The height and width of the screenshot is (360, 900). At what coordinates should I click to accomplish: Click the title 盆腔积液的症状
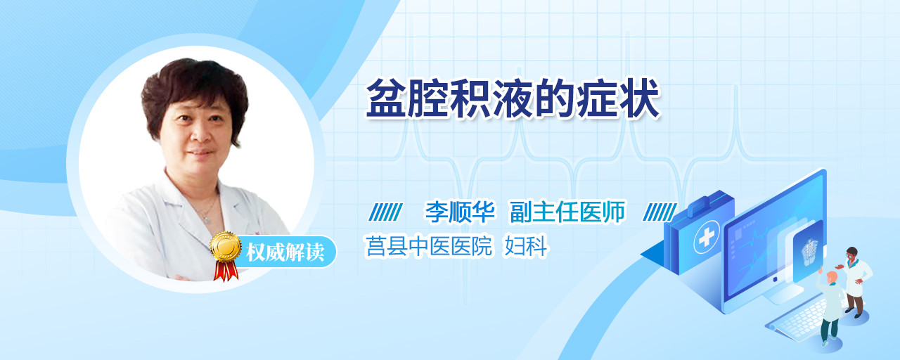(x=513, y=98)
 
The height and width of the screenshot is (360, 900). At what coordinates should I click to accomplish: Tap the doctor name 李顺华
(x=460, y=212)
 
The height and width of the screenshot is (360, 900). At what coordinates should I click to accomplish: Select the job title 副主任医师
(x=567, y=212)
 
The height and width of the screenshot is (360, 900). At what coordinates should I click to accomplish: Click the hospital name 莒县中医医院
(x=429, y=245)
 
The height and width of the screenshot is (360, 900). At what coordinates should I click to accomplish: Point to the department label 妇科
(x=526, y=245)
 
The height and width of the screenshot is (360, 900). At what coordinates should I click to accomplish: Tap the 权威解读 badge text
(x=285, y=252)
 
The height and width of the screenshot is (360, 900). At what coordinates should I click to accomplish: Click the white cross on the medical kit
(x=706, y=237)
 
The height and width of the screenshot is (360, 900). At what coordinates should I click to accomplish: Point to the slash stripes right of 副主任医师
(x=660, y=212)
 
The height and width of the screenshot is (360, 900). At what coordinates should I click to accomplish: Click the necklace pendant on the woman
(x=207, y=219)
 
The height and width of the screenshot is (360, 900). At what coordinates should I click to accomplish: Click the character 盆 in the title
(x=386, y=98)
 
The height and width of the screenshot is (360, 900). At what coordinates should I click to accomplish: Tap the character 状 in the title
(x=639, y=98)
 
